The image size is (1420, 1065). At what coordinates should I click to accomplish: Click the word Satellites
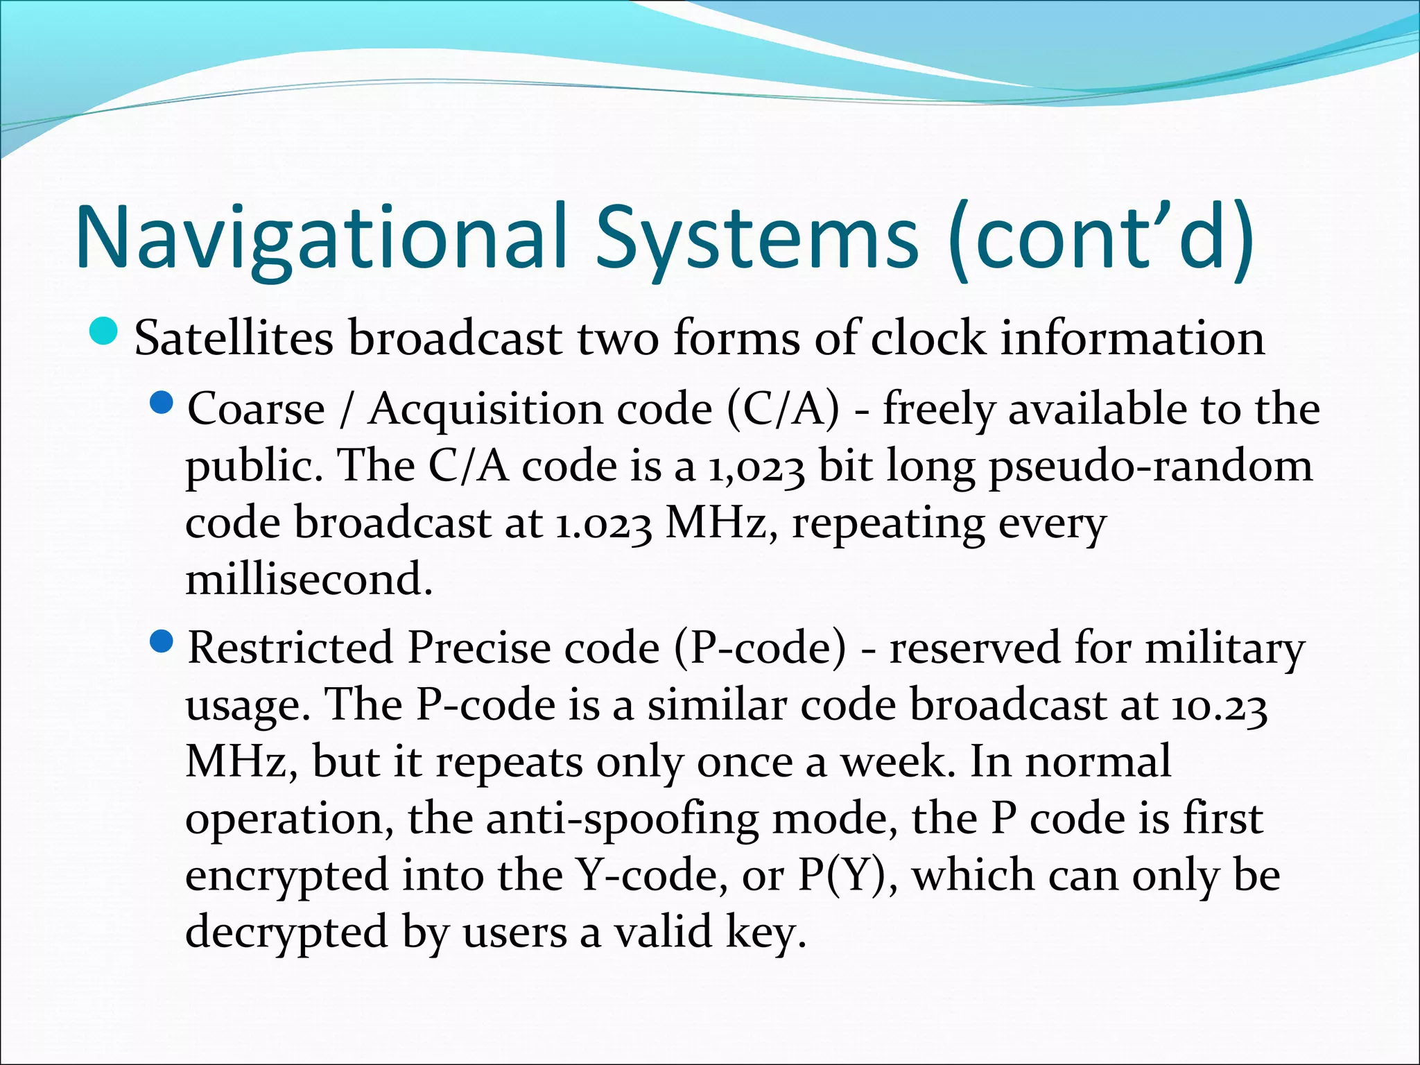233,338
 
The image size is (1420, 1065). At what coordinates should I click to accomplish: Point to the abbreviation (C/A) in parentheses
783,408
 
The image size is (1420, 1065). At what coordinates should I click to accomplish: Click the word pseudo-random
1150,466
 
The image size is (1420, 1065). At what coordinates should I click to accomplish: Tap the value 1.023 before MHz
603,523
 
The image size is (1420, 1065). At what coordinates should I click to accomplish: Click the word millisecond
309,580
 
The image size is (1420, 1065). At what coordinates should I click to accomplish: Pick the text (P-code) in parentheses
760,648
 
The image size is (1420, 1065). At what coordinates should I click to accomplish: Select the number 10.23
1220,706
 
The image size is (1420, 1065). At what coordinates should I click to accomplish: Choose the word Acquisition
485,408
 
